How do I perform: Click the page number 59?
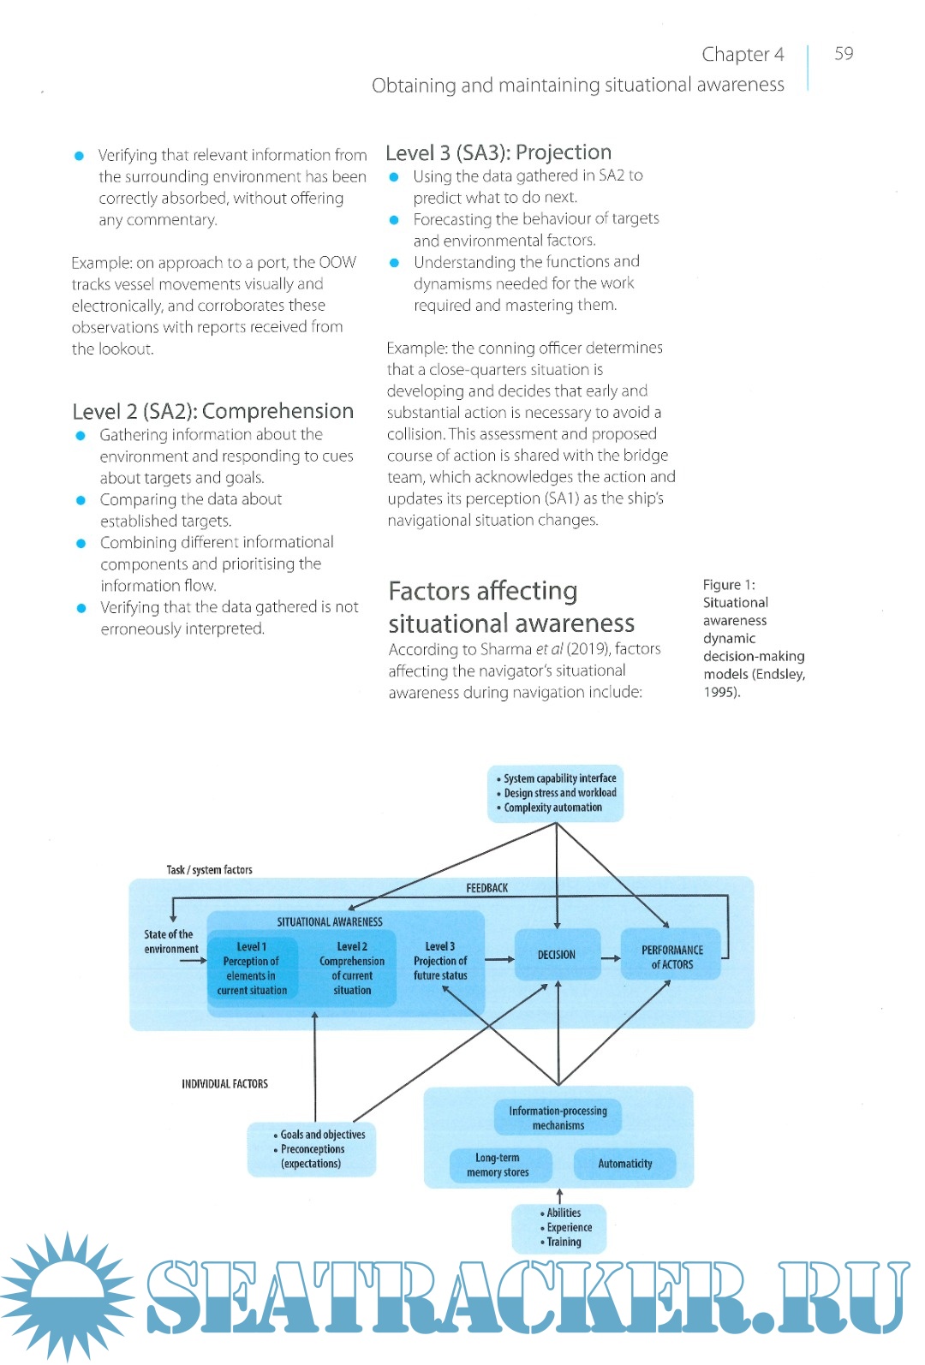click(x=844, y=53)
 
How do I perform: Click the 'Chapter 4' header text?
click(x=743, y=55)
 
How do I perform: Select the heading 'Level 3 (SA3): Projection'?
click(x=498, y=152)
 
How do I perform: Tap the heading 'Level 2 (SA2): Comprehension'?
click(x=213, y=411)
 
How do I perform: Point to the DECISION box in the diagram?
click(x=557, y=955)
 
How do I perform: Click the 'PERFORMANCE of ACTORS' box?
click(x=671, y=957)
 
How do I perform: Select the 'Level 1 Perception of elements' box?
click(x=252, y=969)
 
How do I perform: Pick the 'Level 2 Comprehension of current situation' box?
click(x=352, y=969)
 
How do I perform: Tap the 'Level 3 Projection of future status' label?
click(x=440, y=961)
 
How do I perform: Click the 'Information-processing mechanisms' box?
click(x=558, y=1118)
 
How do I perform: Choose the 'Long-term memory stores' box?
click(x=498, y=1165)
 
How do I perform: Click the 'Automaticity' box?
click(x=625, y=1164)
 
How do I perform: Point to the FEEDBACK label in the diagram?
click(x=487, y=888)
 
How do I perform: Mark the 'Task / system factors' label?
click(x=210, y=870)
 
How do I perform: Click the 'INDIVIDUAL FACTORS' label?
click(x=224, y=1084)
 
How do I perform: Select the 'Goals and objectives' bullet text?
click(x=323, y=1135)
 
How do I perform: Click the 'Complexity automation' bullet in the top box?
click(x=553, y=808)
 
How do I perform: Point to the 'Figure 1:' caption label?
click(x=729, y=585)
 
